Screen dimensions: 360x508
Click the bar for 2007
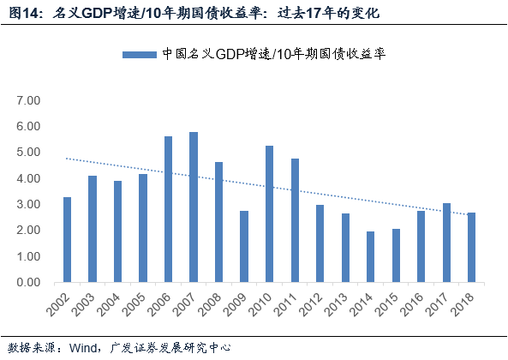(x=194, y=207)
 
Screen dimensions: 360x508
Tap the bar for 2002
(x=67, y=240)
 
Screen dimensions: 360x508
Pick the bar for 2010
(x=269, y=214)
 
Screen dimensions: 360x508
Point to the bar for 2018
(x=471, y=248)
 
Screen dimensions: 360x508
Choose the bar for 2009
(x=244, y=247)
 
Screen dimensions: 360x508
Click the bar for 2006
(x=168, y=210)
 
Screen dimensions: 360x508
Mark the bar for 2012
(x=320, y=244)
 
